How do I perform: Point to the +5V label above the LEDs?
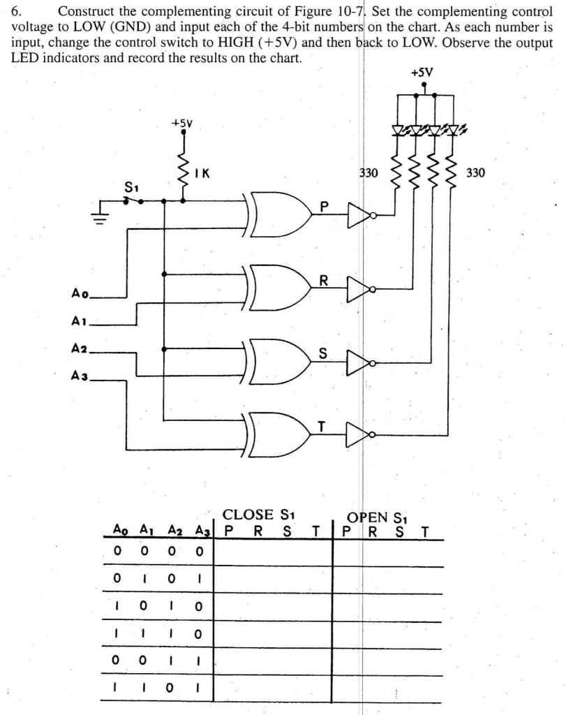coord(422,71)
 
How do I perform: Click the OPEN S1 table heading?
coord(377,517)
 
